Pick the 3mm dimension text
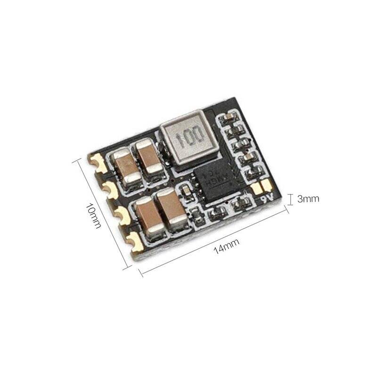(309, 199)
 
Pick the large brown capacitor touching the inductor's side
(149, 160)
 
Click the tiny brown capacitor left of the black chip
(187, 190)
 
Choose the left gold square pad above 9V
(257, 188)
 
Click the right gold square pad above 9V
(265, 184)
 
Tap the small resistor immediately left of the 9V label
(243, 204)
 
